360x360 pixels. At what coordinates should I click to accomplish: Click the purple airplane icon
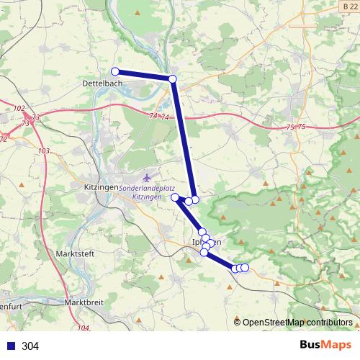148,177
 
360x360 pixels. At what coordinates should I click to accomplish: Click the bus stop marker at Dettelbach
114,71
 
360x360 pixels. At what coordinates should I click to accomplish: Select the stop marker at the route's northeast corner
172,78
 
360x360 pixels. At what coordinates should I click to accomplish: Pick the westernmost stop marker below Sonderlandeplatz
175,197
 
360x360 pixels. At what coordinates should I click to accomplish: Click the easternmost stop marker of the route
245,268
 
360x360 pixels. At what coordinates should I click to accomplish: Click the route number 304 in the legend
30,346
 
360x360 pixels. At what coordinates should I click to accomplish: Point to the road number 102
19,108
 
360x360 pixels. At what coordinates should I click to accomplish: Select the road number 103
44,150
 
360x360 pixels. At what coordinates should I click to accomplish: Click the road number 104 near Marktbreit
83,328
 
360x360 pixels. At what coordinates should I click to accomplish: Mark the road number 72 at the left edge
4,138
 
